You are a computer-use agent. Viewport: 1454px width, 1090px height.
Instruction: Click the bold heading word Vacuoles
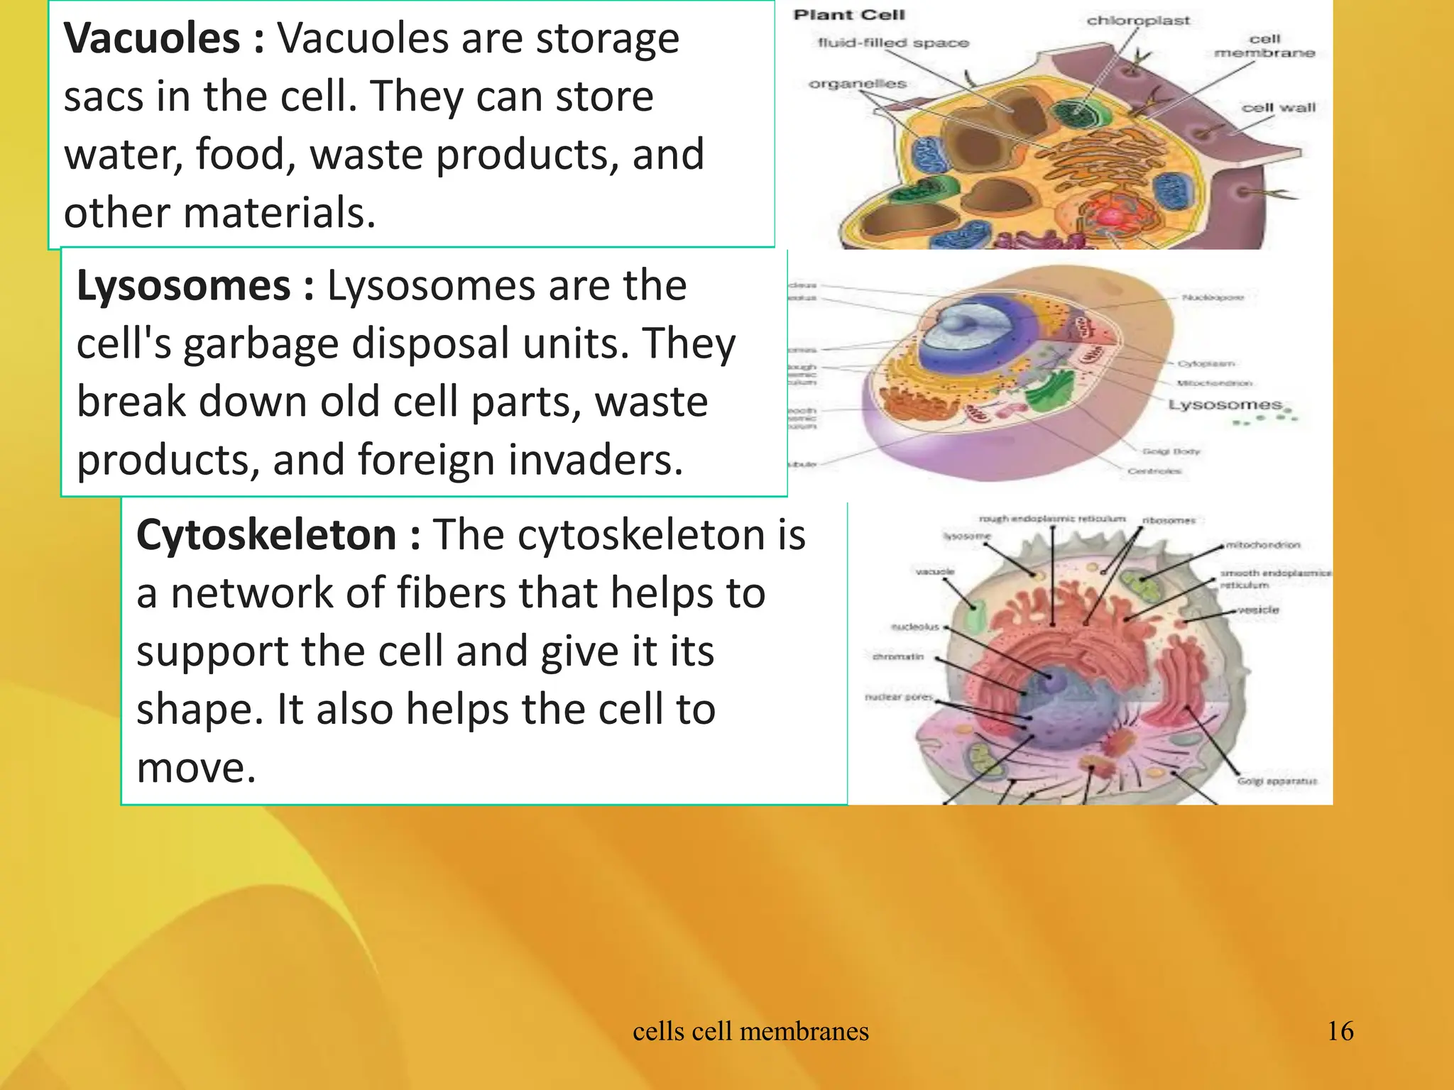tap(152, 38)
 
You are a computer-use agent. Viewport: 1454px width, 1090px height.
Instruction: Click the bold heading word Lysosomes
tap(183, 286)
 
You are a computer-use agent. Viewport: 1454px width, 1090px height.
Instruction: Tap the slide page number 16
tap(1340, 1031)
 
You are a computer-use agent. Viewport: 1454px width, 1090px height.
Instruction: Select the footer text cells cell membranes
tap(750, 1031)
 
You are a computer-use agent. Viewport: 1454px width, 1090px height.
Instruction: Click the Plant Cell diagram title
tap(849, 15)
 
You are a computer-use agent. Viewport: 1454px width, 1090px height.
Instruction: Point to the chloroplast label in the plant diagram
tap(1137, 21)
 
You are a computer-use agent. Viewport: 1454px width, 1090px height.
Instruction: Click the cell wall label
tap(1278, 108)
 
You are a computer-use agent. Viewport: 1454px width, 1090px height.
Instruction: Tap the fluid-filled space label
tap(893, 43)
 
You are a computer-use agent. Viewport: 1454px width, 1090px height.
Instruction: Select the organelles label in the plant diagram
tap(858, 84)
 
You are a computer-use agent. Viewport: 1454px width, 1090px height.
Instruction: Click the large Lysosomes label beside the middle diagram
tap(1225, 404)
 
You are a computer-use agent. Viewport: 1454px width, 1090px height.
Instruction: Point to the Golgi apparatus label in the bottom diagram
tap(1277, 781)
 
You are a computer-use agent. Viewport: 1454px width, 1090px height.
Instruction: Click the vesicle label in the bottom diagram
tap(1257, 610)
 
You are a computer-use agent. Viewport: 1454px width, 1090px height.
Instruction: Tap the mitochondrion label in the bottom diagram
tap(1263, 545)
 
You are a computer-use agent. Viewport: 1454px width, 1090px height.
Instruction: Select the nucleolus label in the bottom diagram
tap(914, 627)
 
